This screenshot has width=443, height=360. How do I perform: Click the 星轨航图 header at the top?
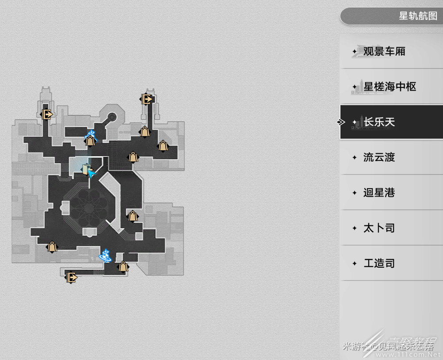[x=417, y=16]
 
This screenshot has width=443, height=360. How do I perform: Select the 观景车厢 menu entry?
[x=384, y=51]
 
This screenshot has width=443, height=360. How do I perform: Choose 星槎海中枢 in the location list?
[x=389, y=87]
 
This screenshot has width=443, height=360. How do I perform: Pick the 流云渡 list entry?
[x=379, y=157]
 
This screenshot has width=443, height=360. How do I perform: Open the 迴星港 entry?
[x=379, y=193]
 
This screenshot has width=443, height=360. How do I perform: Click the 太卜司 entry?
[x=379, y=228]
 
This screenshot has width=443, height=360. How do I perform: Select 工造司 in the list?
[x=379, y=263]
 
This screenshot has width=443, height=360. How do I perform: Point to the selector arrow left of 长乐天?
[x=341, y=122]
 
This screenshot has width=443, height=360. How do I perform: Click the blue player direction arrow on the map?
[x=92, y=174]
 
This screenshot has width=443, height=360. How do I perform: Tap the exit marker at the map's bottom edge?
[x=71, y=277]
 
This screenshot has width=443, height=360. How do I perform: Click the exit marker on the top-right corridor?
[x=147, y=99]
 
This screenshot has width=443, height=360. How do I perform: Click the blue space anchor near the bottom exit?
[x=106, y=255]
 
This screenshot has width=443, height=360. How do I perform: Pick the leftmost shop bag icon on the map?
[x=52, y=247]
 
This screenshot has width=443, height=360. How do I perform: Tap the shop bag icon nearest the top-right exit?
[x=145, y=132]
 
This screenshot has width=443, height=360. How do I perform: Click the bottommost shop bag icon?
[x=123, y=267]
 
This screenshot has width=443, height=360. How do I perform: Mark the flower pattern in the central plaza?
[x=89, y=206]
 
